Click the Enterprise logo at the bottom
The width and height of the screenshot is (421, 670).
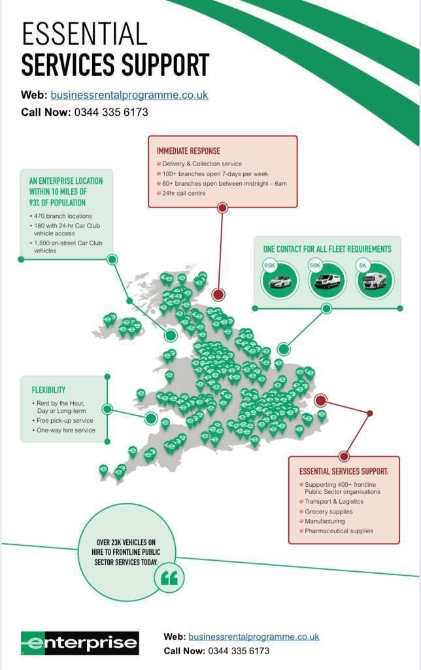pos(80,643)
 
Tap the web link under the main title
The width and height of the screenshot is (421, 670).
pos(129,95)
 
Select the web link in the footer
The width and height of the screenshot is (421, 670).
pos(254,636)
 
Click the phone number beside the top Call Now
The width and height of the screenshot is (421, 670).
pos(111,112)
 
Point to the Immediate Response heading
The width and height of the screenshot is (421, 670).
pos(188,151)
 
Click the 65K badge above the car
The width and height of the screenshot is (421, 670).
pos(270,265)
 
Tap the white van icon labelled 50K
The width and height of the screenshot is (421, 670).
pos(326,281)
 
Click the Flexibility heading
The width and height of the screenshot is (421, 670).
pos(48,390)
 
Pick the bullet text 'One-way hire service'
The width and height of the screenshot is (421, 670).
pos(65,430)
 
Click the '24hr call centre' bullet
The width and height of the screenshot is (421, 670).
pos(184,193)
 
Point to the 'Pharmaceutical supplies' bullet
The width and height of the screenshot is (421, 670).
pos(339,531)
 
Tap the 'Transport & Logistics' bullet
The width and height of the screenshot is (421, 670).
pos(334,501)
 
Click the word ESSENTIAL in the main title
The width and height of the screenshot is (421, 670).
pos(84,35)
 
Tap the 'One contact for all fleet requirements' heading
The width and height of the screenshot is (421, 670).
pos(327,249)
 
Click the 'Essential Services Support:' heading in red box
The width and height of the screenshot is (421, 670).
pos(344,471)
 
